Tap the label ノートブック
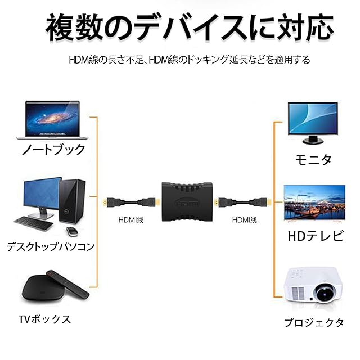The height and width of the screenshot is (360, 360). pos(53,150)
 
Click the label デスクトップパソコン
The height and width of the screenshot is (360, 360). pos(50,246)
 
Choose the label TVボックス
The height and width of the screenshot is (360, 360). pos(44,319)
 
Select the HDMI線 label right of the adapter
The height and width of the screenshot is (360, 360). pos(244,220)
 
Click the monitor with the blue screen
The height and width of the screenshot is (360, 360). pos(313,119)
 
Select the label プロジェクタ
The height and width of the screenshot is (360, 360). pos(313,323)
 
